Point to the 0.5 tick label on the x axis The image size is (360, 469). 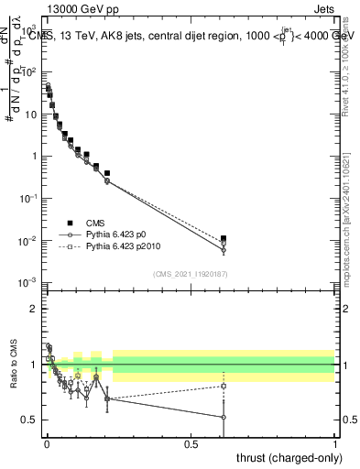coord(191,442)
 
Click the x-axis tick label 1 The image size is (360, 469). coord(335,442)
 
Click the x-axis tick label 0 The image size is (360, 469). coord(46,442)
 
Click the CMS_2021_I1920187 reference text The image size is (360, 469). coord(191,273)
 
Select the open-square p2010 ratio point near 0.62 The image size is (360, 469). coord(224,386)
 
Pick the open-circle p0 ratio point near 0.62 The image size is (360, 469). coord(224,417)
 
